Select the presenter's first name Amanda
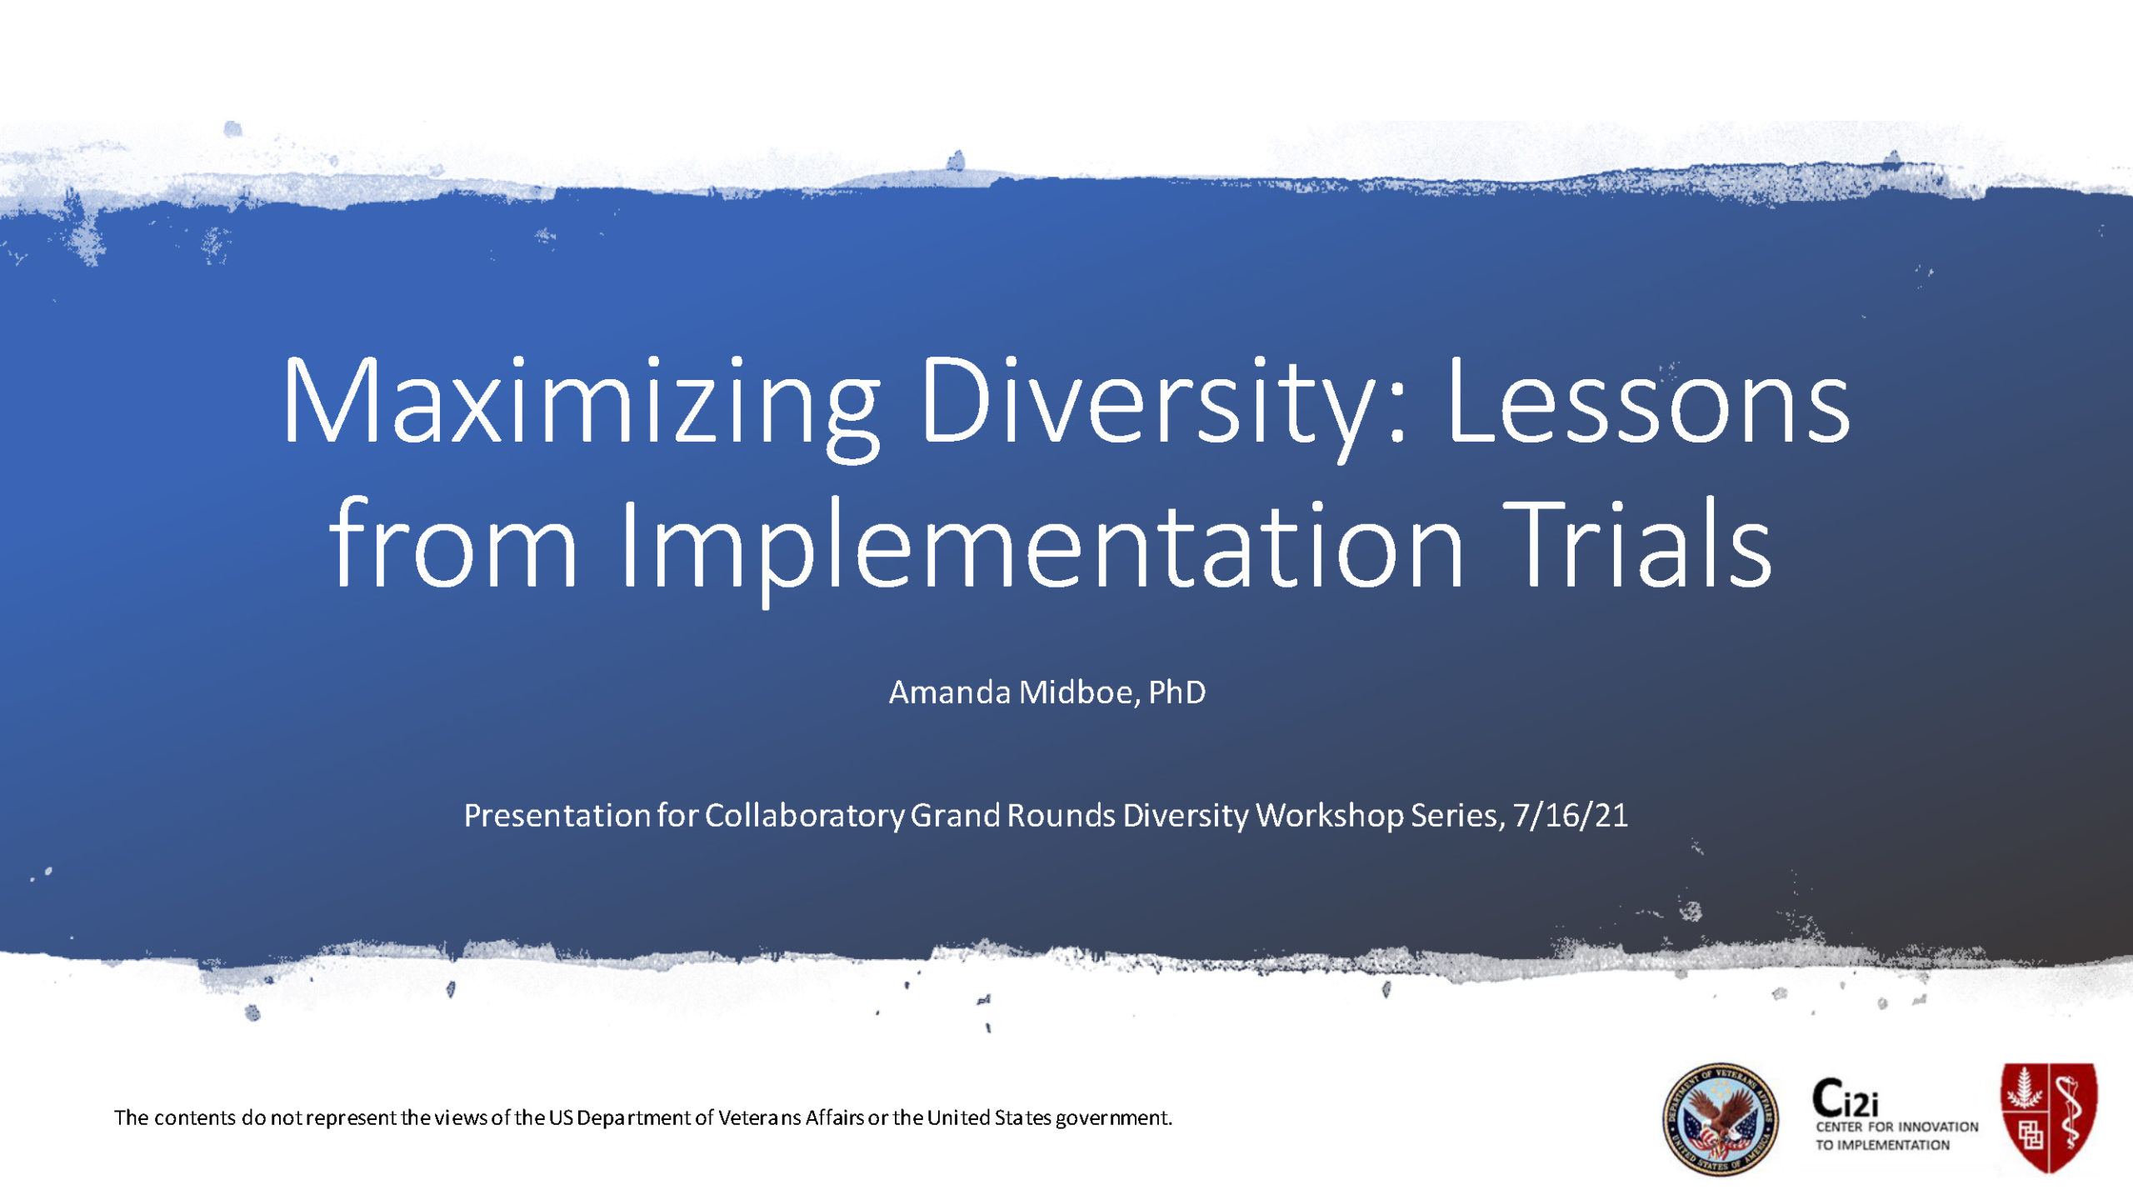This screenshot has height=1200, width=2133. [x=950, y=692]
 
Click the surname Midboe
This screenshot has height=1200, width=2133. [x=1075, y=692]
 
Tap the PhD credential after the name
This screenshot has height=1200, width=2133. [x=1176, y=692]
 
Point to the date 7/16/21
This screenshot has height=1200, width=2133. [x=1571, y=815]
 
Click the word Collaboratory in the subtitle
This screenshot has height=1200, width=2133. [x=804, y=816]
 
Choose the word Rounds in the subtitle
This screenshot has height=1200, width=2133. [x=1061, y=815]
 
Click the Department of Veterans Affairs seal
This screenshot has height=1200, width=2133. [x=1720, y=1119]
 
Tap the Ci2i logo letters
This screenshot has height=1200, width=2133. [x=1846, y=1098]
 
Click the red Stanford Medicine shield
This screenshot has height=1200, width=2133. [x=2049, y=1117]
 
